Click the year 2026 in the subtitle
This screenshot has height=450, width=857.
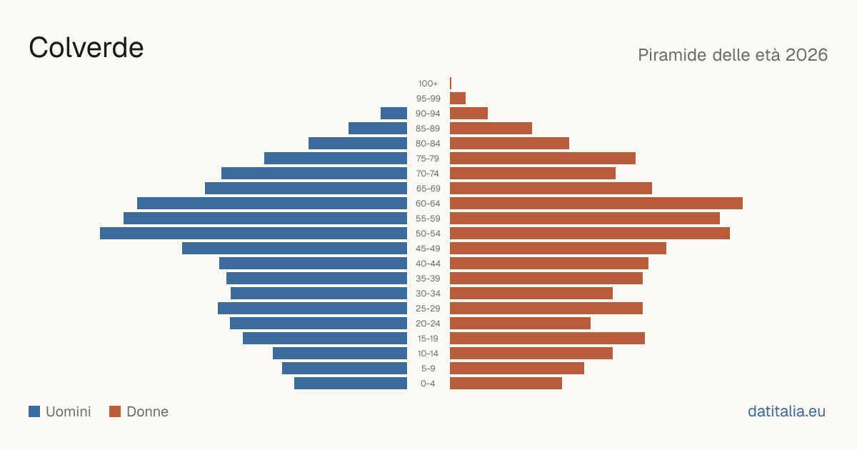[806, 55]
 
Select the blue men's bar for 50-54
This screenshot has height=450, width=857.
[254, 234]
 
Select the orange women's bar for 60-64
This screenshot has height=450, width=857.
[596, 203]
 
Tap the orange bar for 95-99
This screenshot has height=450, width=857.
[458, 99]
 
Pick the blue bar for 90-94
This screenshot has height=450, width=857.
[394, 114]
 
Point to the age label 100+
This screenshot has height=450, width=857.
[428, 84]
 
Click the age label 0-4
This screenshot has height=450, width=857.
[428, 384]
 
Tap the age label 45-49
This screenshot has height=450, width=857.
[428, 249]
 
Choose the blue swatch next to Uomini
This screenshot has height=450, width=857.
[34, 411]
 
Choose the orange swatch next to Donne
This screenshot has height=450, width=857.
[115, 411]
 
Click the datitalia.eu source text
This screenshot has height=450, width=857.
[786, 411]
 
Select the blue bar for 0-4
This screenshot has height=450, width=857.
[351, 384]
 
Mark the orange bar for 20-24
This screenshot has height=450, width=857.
[521, 324]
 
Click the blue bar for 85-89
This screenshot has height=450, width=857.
[378, 128]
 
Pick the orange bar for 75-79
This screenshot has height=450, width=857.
[543, 159]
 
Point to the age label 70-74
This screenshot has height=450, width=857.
[428, 174]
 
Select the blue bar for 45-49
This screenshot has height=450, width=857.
[294, 249]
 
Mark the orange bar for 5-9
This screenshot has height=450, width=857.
[517, 369]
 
